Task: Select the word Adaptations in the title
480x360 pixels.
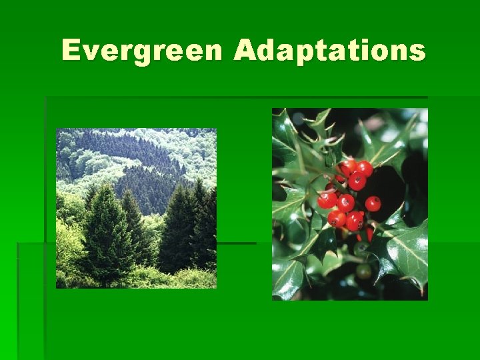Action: click(329, 51)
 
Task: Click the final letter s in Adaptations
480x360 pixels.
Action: click(417, 53)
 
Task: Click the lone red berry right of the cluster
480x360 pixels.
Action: click(373, 203)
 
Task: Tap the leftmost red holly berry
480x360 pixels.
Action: click(326, 199)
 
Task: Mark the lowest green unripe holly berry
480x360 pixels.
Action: click(363, 271)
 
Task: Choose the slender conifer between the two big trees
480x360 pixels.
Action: click(132, 227)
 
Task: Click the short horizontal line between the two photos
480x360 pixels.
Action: click(237, 243)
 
